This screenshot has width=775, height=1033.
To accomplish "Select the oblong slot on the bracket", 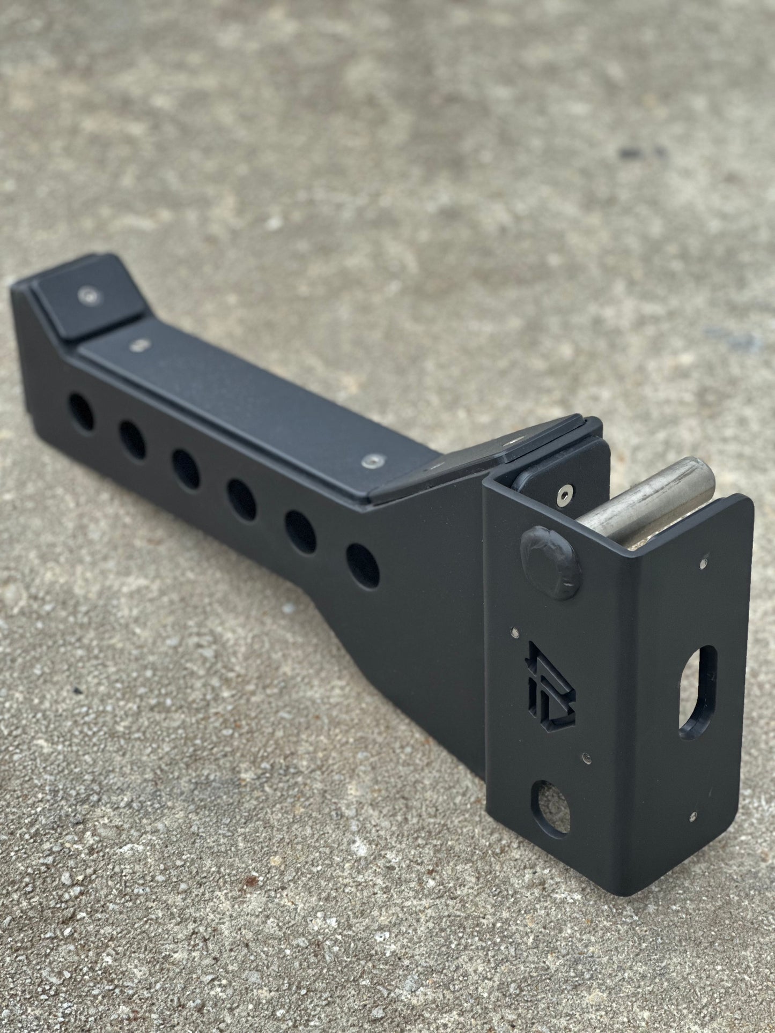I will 698,689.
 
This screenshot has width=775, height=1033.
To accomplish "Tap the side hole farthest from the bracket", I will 81,412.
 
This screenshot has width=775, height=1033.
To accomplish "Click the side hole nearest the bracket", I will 363,566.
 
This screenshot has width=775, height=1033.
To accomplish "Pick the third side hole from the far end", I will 186,469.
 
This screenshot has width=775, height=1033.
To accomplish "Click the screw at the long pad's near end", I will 369,460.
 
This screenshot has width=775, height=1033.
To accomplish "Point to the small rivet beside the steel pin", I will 703,563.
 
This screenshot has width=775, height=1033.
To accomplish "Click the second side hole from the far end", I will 132,439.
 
